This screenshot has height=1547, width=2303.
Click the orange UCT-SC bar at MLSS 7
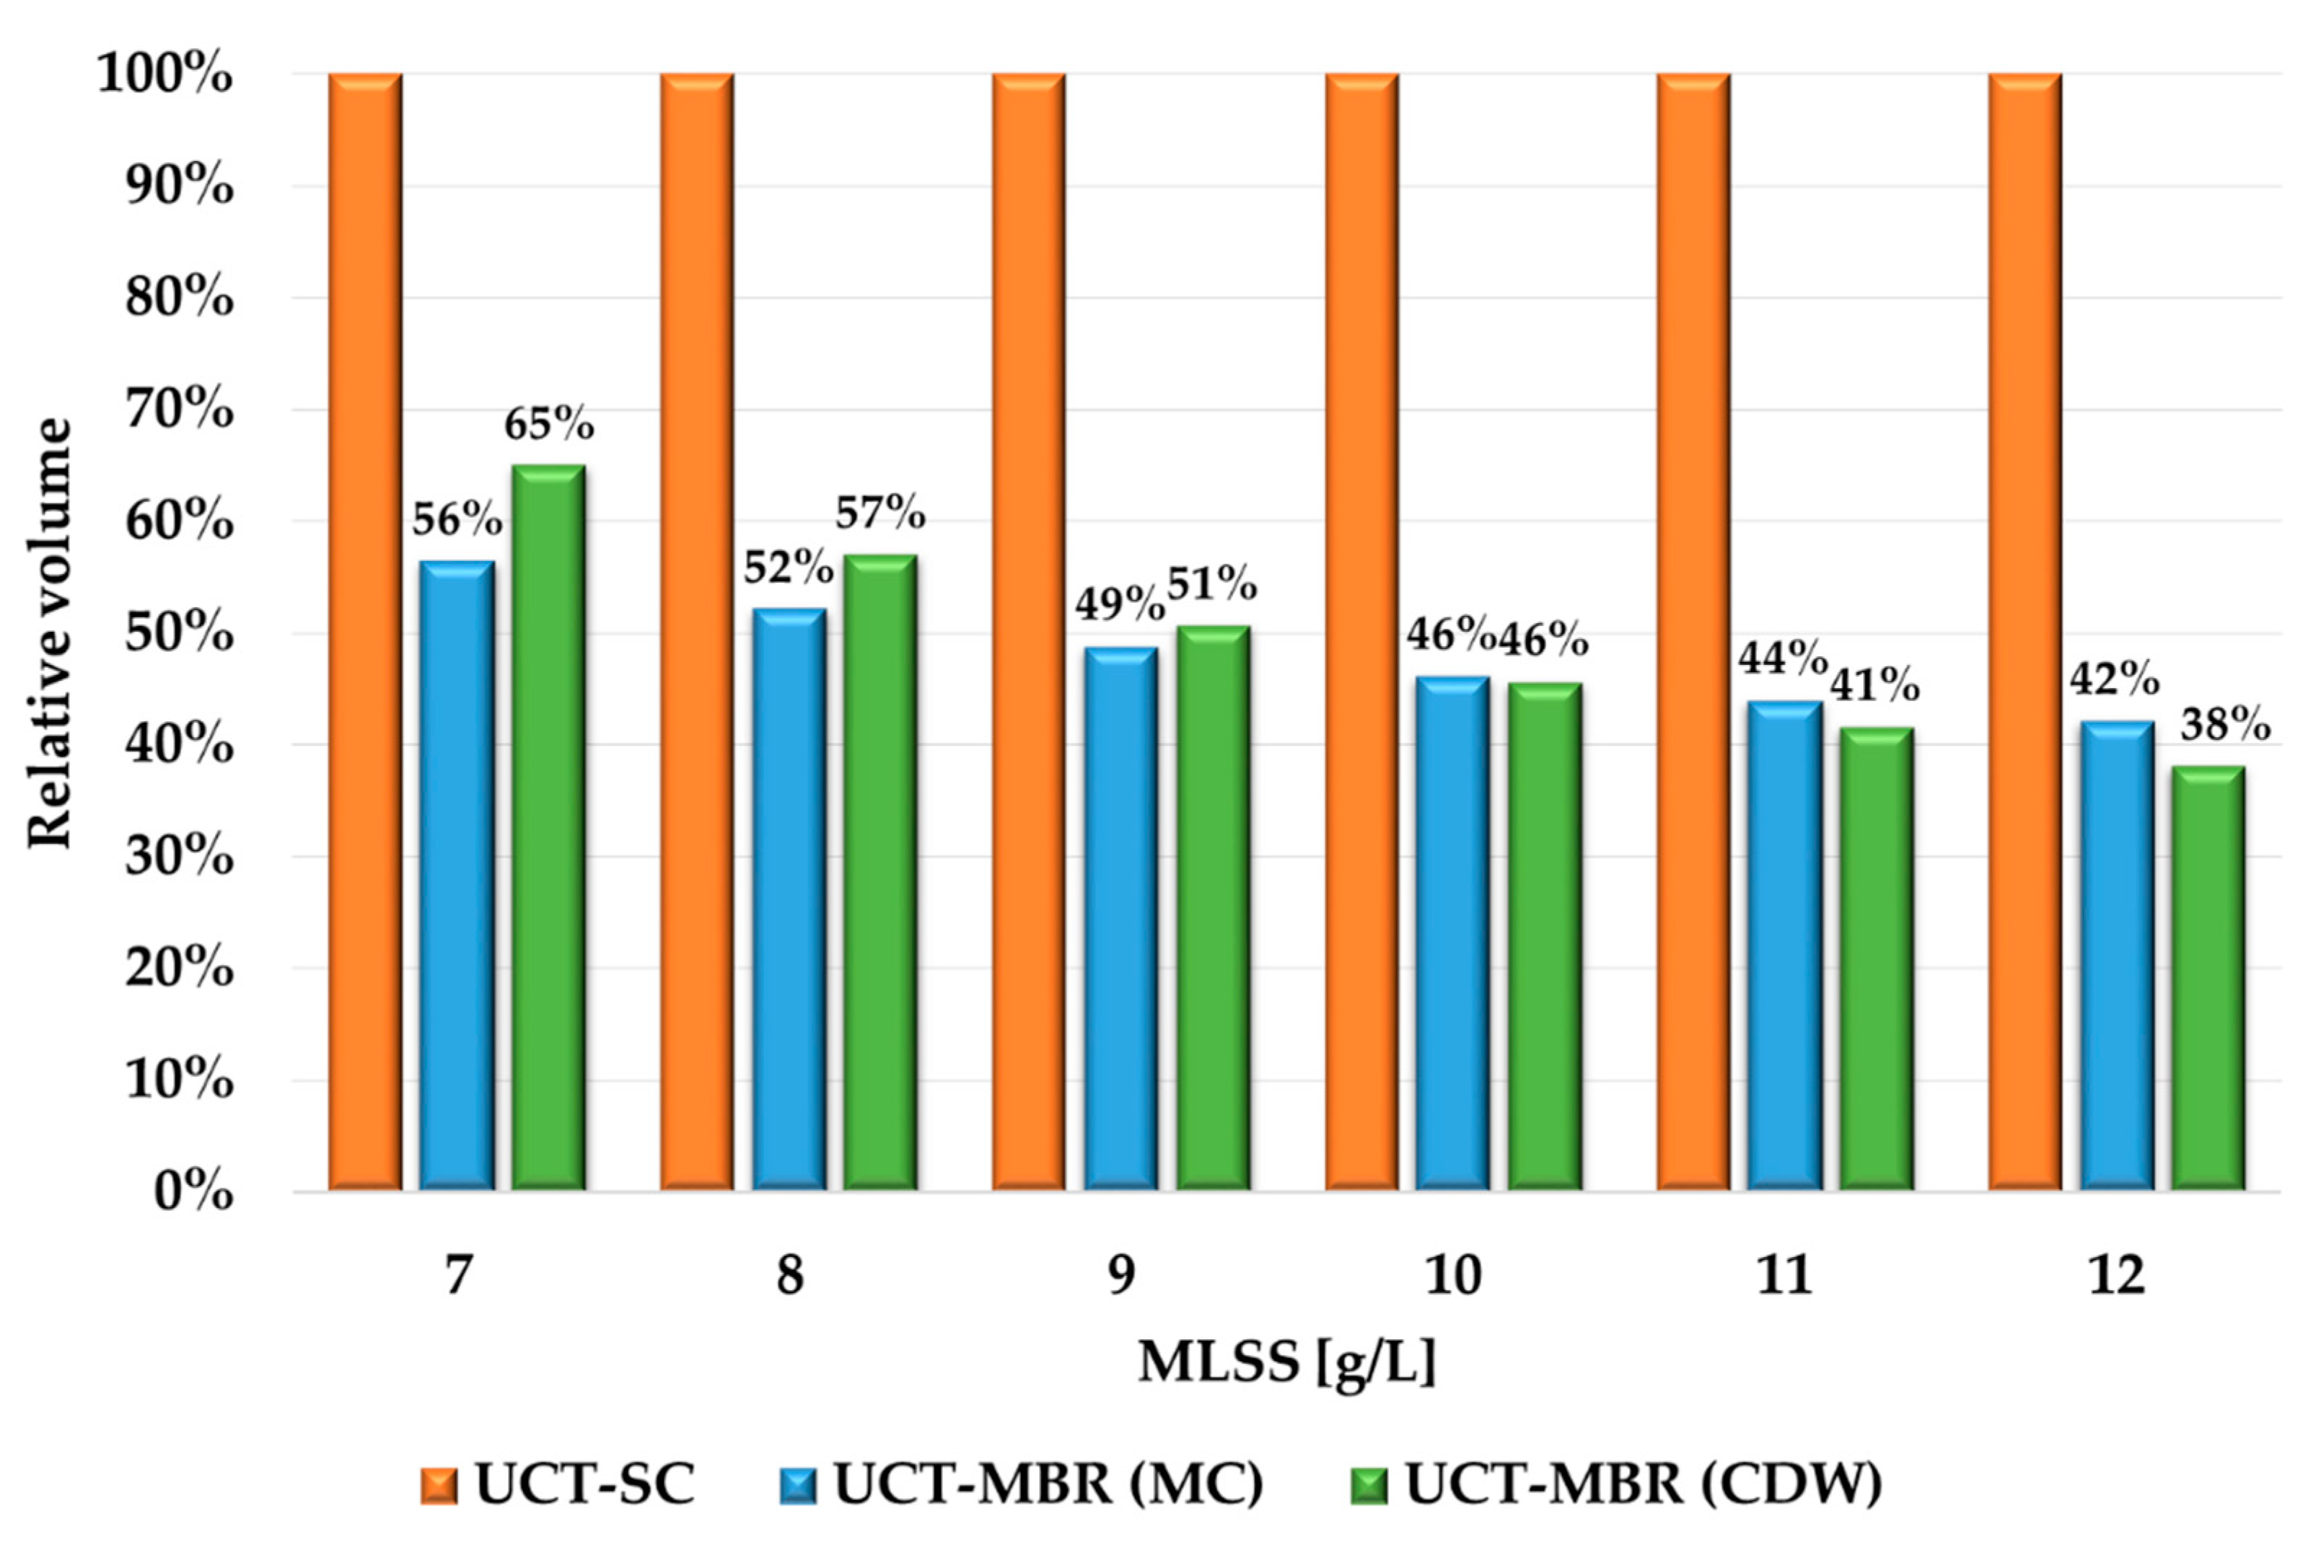365,632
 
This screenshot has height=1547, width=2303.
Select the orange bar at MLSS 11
1693,632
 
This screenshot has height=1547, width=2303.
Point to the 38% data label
2225,725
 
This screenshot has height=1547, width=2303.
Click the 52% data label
787,568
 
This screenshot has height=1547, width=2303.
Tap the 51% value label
1211,585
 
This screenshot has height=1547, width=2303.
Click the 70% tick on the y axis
180,410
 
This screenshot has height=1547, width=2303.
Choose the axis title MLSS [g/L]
1286,1362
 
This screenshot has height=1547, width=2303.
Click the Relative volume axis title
49,632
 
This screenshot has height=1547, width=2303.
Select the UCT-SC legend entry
558,1483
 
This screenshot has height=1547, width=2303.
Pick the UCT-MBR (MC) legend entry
1021,1483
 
